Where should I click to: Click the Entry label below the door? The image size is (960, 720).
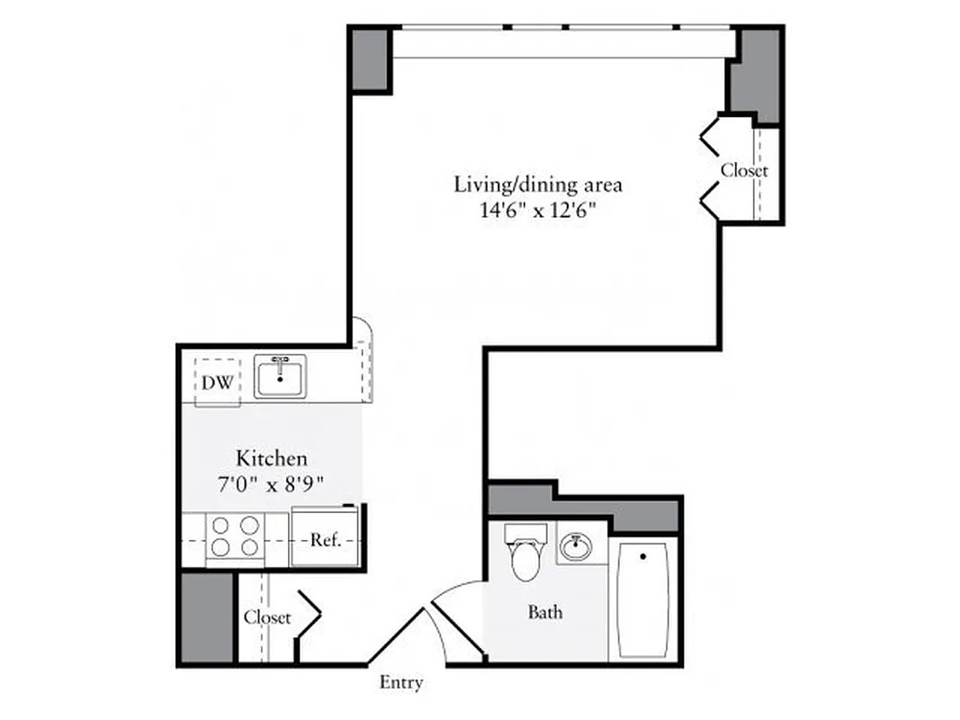pos(401,683)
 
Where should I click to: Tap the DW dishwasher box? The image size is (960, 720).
pos(217,382)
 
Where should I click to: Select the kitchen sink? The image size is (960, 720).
pos(280,375)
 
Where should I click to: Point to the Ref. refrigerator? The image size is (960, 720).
pos(325,540)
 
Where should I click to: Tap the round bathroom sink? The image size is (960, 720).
pos(574,545)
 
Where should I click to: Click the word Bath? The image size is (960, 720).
pos(545,613)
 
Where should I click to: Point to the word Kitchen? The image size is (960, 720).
pos(272,457)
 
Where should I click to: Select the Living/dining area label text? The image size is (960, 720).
pos(538,185)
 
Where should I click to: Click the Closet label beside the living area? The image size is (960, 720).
pos(744,170)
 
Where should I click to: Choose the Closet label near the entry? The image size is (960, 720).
pos(267,617)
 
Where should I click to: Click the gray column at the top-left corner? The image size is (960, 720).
pos(370,59)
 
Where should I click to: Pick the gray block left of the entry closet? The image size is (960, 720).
pos(205,618)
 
